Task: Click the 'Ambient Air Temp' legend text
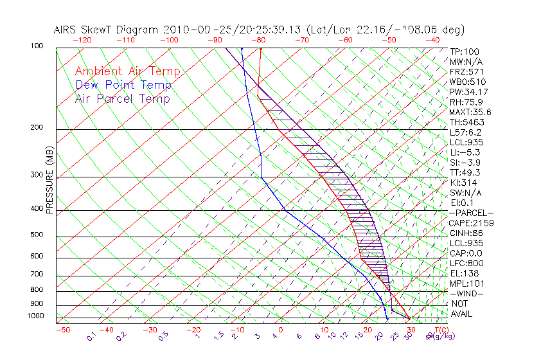[127, 71]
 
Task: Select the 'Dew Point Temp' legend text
[123, 85]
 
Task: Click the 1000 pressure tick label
[36, 316]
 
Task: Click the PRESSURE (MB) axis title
[49, 187]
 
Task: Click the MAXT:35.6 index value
[468, 112]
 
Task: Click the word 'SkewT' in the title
[143, 30]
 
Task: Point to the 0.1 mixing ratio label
[92, 336]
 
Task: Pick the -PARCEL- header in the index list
[471, 213]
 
